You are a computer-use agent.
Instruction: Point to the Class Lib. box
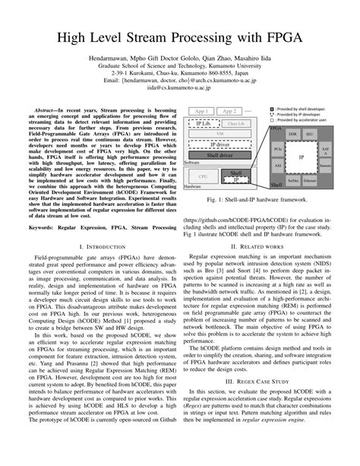tap(236, 124)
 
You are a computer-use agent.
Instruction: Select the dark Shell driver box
tap(220, 155)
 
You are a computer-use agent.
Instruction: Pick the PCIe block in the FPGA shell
tap(279, 150)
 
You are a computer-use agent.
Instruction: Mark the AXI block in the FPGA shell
tap(279, 164)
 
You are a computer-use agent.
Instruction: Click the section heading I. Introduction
tap(102, 248)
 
